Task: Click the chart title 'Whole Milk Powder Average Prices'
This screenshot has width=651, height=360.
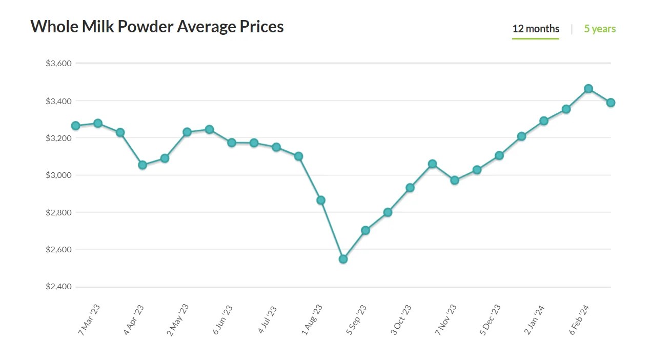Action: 157,27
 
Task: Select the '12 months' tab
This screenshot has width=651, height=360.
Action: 536,29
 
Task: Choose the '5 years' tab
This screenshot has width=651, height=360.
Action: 600,29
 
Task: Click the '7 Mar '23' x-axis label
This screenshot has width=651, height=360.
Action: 89,319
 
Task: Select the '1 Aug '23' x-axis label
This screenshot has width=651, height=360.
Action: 312,319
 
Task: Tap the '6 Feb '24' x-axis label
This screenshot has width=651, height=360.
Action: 579,319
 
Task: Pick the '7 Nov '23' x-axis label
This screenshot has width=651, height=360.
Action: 445,319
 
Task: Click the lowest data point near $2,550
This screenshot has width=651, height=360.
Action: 343,259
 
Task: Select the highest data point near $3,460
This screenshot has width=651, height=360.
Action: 588,89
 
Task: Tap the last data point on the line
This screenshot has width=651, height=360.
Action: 611,103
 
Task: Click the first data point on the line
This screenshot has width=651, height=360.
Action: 75,126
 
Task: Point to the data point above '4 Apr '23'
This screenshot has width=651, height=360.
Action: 143,165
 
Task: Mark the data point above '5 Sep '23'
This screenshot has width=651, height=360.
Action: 365,230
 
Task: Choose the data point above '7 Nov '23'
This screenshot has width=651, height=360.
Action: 455,180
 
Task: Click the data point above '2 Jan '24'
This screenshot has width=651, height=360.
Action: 544,121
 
